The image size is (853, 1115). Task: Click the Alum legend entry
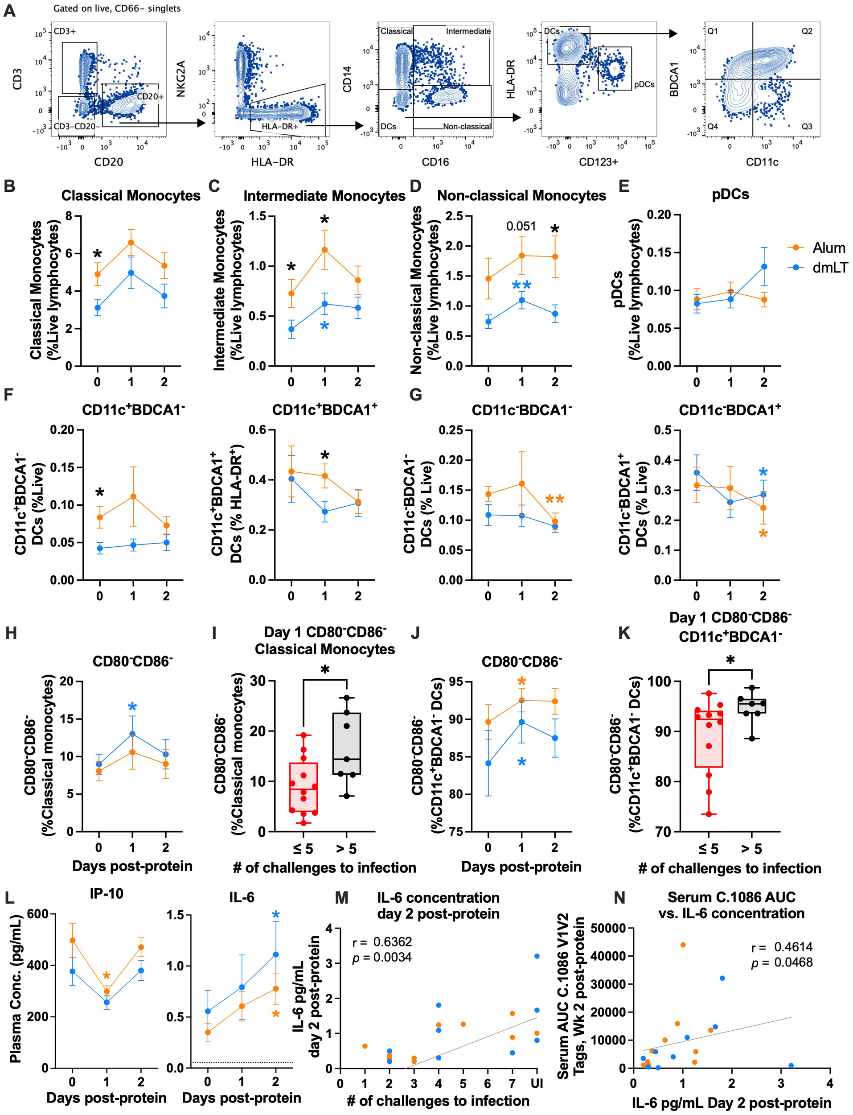click(x=828, y=248)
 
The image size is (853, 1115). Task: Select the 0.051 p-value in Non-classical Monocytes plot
click(x=521, y=226)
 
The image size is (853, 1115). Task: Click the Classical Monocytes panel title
click(x=131, y=195)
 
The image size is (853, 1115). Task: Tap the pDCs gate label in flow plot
click(x=644, y=84)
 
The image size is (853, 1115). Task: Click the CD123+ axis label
click(x=598, y=162)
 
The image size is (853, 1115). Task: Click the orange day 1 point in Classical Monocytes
click(x=131, y=242)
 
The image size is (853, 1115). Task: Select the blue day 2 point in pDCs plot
click(x=763, y=267)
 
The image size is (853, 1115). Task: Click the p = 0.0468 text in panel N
click(x=782, y=962)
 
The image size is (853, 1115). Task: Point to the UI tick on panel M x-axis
click(x=537, y=1083)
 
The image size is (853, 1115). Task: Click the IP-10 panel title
click(x=106, y=893)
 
